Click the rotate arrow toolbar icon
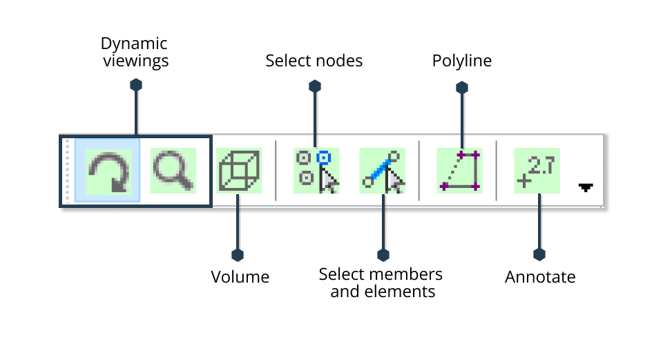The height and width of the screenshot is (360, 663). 108,171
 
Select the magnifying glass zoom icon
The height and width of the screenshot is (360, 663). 173,171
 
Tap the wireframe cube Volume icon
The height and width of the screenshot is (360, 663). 238,171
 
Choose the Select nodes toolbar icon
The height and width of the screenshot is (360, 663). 316,171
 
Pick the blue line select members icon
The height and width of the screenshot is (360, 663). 382,171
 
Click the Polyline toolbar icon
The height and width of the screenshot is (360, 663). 459,171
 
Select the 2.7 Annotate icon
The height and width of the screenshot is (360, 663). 537,171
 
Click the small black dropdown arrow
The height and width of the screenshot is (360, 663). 586,187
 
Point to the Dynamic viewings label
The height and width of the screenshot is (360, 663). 135,52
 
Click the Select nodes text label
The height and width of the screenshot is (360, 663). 314,61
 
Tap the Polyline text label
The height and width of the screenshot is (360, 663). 462,61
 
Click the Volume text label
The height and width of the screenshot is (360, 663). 240,277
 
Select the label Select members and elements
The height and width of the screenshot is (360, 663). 381,283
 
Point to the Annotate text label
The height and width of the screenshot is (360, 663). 540,277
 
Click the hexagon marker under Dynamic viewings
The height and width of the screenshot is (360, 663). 136,85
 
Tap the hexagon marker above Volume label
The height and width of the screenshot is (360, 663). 238,254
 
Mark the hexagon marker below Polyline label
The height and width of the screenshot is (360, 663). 462,87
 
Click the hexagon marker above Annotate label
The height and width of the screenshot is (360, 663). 540,254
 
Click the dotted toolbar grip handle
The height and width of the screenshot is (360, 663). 67,171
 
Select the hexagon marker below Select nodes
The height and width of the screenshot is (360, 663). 315,86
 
